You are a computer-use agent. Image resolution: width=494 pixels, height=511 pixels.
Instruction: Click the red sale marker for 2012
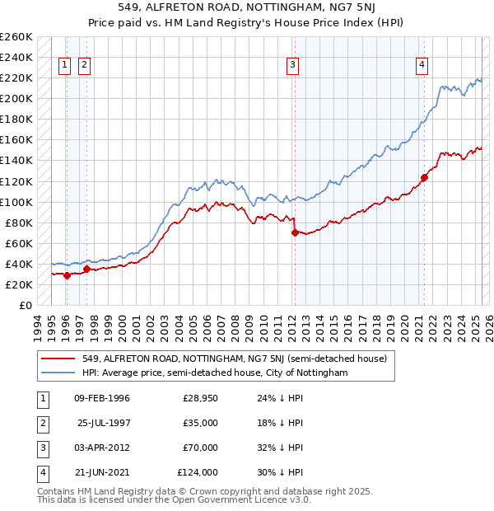[295, 232]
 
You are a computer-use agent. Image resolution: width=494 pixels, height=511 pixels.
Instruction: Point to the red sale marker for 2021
[425, 176]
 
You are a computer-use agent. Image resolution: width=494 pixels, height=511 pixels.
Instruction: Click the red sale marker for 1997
[86, 269]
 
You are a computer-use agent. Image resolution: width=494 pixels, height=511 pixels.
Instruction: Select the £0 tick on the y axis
[26, 305]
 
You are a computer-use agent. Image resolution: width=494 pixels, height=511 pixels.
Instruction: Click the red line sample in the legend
[58, 359]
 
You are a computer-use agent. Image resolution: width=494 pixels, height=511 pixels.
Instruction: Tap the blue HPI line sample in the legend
[58, 373]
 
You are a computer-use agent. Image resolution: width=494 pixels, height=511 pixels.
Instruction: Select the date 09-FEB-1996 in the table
[101, 399]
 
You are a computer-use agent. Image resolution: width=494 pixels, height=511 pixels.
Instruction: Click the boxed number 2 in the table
[41, 424]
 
